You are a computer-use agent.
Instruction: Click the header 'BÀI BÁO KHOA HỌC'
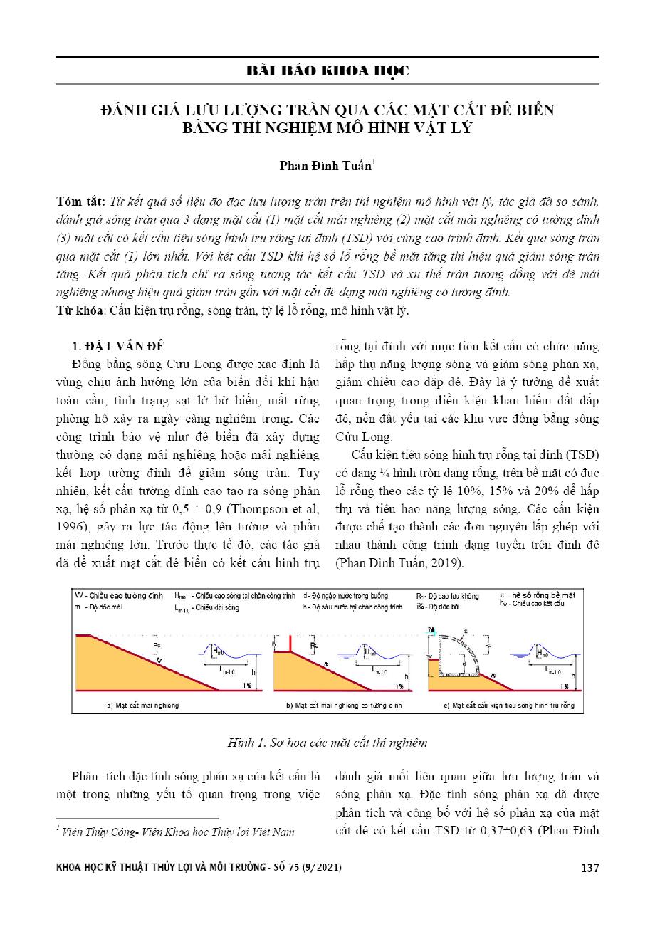(x=327, y=71)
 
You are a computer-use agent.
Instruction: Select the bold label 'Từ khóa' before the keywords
(x=76, y=311)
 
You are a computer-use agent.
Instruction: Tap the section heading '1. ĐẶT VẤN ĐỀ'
(x=119, y=347)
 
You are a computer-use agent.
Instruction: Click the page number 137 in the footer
(x=590, y=868)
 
